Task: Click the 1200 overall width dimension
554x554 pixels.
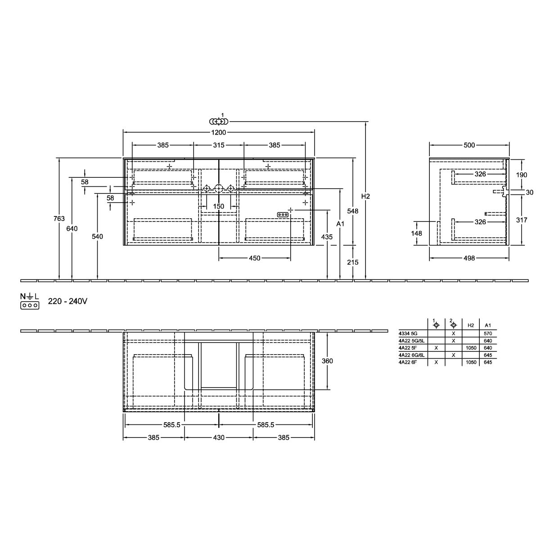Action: (x=219, y=132)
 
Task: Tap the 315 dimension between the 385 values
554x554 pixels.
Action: (x=219, y=145)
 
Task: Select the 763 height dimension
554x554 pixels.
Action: (x=59, y=219)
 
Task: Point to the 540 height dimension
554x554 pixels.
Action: (x=97, y=236)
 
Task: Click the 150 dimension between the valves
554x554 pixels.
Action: (x=219, y=206)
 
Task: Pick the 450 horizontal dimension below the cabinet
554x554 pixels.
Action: (x=254, y=258)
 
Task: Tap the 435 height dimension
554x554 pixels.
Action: (x=327, y=237)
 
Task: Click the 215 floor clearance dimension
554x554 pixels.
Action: (x=353, y=262)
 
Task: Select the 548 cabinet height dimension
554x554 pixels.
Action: (x=353, y=211)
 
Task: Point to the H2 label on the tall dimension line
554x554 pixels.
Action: (x=365, y=196)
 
